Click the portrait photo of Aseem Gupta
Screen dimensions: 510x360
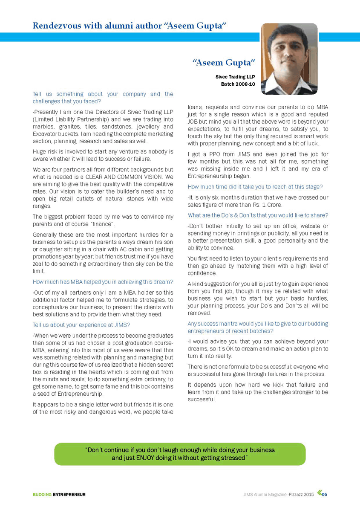[x=289, y=59]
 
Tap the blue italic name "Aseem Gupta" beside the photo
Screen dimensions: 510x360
[x=224, y=63]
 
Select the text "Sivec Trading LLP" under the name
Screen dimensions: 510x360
[x=235, y=77]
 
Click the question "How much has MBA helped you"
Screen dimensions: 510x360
[x=103, y=282]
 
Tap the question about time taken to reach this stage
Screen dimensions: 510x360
[x=255, y=186]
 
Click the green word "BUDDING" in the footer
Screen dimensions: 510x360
[x=42, y=495]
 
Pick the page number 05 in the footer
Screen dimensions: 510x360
[x=324, y=495]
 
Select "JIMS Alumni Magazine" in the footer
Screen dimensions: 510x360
[x=262, y=495]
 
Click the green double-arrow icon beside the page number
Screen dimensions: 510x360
[x=318, y=494]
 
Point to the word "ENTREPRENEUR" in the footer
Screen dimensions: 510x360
[x=69, y=495]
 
